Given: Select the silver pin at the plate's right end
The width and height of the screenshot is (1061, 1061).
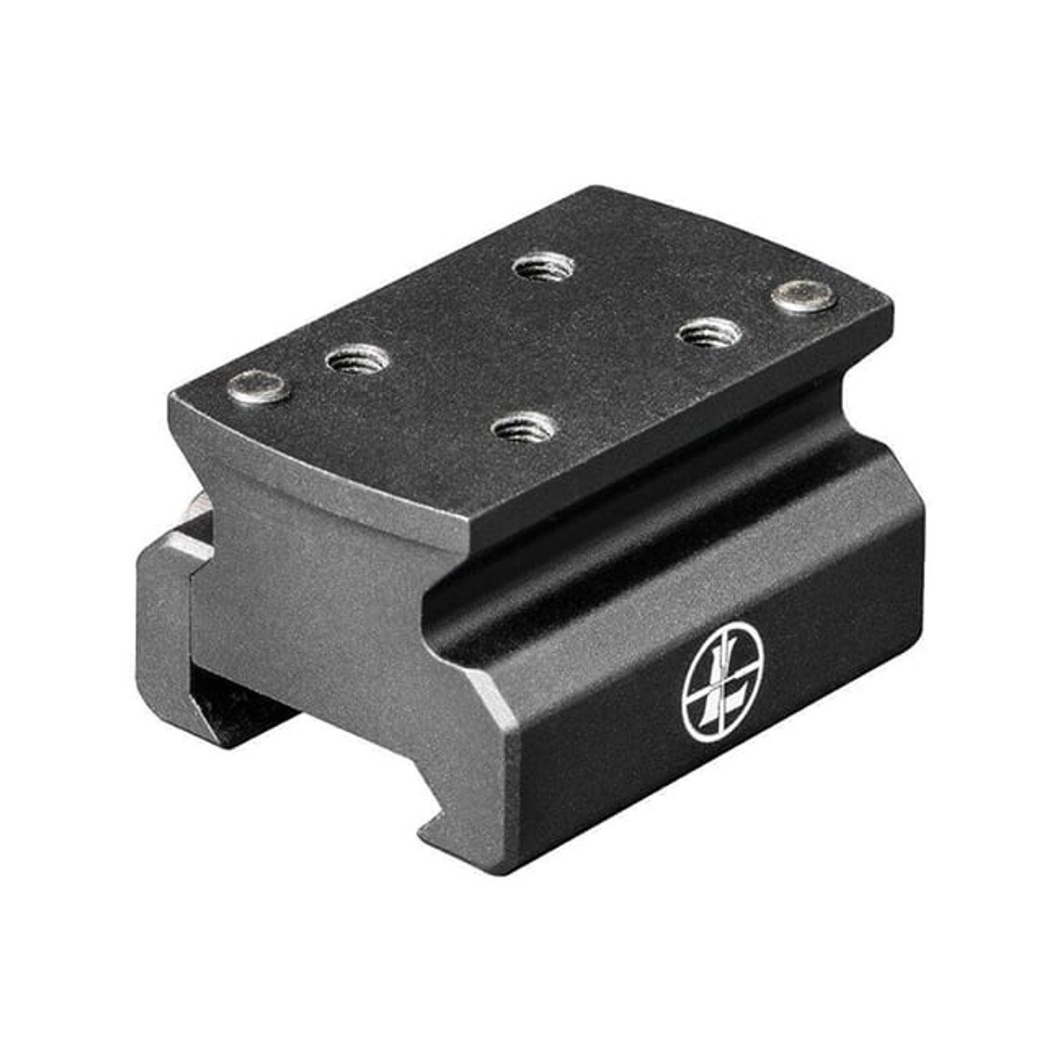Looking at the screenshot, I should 803,296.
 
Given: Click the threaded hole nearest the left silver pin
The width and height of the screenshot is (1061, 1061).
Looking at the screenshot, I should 357,360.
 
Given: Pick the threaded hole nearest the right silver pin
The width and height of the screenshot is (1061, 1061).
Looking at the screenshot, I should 709,333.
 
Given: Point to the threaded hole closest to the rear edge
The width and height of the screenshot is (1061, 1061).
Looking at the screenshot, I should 543,267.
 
